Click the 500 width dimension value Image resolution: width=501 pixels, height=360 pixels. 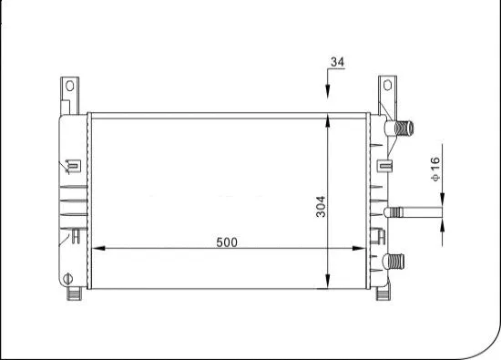[227, 242]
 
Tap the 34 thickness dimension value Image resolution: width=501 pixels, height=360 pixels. [337, 62]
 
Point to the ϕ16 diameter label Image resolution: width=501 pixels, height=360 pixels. [435, 168]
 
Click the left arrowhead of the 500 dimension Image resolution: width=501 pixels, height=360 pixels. [99, 248]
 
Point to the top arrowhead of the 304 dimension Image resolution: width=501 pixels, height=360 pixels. [328, 121]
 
